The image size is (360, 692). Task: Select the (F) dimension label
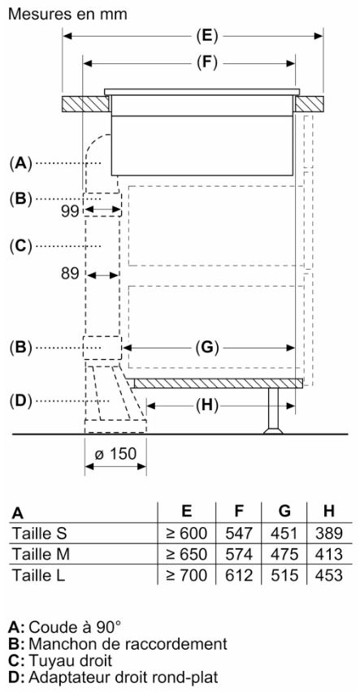[x=207, y=63]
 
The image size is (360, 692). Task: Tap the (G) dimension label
[x=207, y=348]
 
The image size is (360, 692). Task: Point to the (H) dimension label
[x=207, y=404]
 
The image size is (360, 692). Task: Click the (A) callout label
[x=21, y=164]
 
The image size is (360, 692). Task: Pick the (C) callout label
[x=21, y=245]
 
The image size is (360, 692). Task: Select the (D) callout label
[x=21, y=400]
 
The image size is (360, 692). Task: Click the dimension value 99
[x=69, y=212]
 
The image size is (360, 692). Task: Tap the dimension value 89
[x=70, y=274]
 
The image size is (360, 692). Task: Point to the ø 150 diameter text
[x=115, y=454]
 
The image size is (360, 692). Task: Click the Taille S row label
[x=39, y=533]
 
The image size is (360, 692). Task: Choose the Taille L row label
[x=38, y=575]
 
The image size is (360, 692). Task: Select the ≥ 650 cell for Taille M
[x=186, y=554]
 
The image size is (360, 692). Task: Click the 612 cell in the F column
[x=239, y=575]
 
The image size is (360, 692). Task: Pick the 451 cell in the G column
[x=284, y=533]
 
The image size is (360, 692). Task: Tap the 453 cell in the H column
[x=328, y=575]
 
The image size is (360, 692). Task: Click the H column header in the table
[x=328, y=511]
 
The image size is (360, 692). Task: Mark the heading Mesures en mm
[x=68, y=14]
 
